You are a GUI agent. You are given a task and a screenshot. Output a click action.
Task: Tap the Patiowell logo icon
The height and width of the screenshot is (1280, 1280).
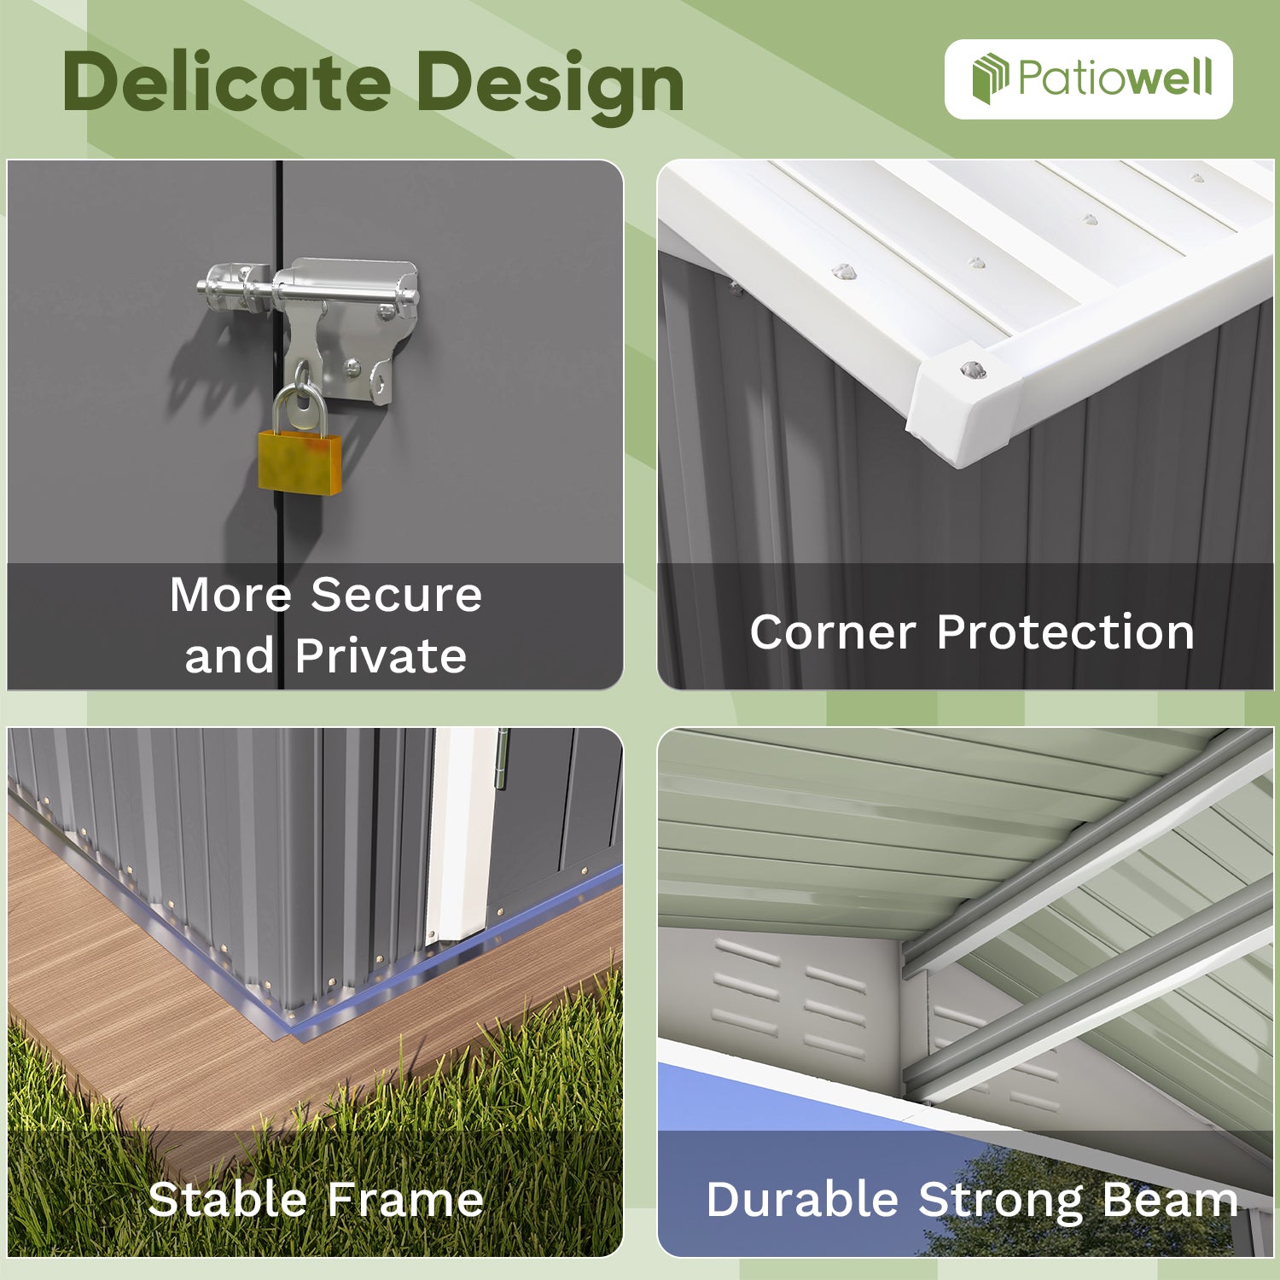(990, 78)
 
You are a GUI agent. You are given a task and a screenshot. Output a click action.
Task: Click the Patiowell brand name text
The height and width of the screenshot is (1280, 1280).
(1115, 78)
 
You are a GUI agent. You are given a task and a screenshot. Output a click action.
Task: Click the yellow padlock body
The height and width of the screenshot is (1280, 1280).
(300, 462)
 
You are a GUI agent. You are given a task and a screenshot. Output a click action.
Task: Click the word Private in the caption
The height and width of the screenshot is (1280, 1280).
(381, 655)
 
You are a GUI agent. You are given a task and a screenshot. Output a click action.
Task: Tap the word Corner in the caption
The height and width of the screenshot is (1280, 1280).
(832, 632)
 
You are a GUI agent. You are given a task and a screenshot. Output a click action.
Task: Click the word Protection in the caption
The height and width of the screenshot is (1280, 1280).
(1065, 632)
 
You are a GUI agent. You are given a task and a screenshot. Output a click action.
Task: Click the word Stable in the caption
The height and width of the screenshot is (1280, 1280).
(227, 1199)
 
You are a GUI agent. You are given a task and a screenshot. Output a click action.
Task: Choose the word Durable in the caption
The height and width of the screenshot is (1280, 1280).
(801, 1199)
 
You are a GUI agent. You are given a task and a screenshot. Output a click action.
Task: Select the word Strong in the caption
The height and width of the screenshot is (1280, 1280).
(1000, 1199)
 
